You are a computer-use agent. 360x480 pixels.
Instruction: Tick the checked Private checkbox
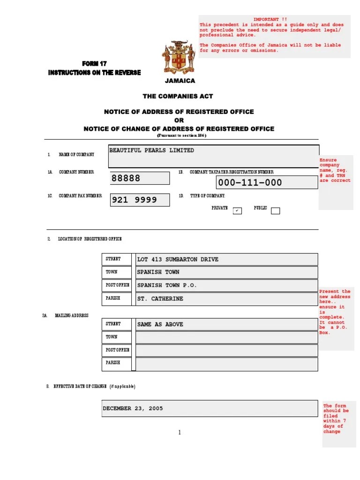238,210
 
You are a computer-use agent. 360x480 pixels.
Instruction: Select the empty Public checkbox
276,211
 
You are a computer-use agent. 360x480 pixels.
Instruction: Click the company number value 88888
126,179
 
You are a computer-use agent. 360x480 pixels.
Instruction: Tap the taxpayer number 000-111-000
250,183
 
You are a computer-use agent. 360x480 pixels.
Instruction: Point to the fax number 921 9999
134,200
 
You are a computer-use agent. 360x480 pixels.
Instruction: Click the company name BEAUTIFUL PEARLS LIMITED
151,150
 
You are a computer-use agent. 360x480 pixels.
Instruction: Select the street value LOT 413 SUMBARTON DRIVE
178,259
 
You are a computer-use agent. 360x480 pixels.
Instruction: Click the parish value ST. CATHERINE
160,299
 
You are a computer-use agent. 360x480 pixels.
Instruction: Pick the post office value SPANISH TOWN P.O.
167,285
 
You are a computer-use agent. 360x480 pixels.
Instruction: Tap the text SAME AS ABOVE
160,324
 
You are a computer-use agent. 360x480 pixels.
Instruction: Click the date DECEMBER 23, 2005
133,408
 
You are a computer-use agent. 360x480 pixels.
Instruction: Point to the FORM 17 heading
94,64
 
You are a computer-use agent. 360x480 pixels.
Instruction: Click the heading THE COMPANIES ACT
178,96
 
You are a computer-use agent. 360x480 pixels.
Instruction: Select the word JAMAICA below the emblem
180,81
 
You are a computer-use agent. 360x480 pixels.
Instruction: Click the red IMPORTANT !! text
270,19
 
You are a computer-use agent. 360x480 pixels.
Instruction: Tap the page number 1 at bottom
180,432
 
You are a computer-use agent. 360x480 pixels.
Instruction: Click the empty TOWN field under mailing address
226,337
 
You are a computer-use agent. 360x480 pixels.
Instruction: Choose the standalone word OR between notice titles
179,120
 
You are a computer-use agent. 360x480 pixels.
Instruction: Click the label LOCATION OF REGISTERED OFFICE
90,239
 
